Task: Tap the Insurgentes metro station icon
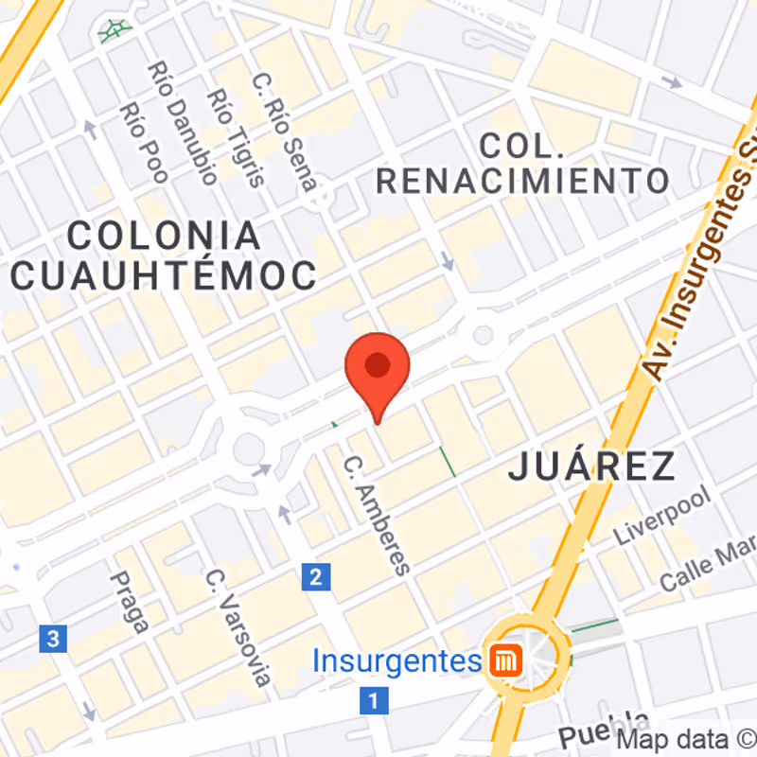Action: [x=502, y=660]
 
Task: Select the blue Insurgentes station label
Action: [x=396, y=660]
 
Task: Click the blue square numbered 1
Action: [x=375, y=701]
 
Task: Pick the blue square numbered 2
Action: [x=316, y=576]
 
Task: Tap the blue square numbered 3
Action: [x=53, y=639]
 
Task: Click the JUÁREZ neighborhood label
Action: [x=592, y=467]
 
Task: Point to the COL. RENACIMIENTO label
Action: [x=522, y=163]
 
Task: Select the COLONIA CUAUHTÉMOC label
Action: [x=164, y=255]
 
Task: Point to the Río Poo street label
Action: [x=144, y=143]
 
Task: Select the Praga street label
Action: [x=130, y=602]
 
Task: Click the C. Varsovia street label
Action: [x=240, y=626]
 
